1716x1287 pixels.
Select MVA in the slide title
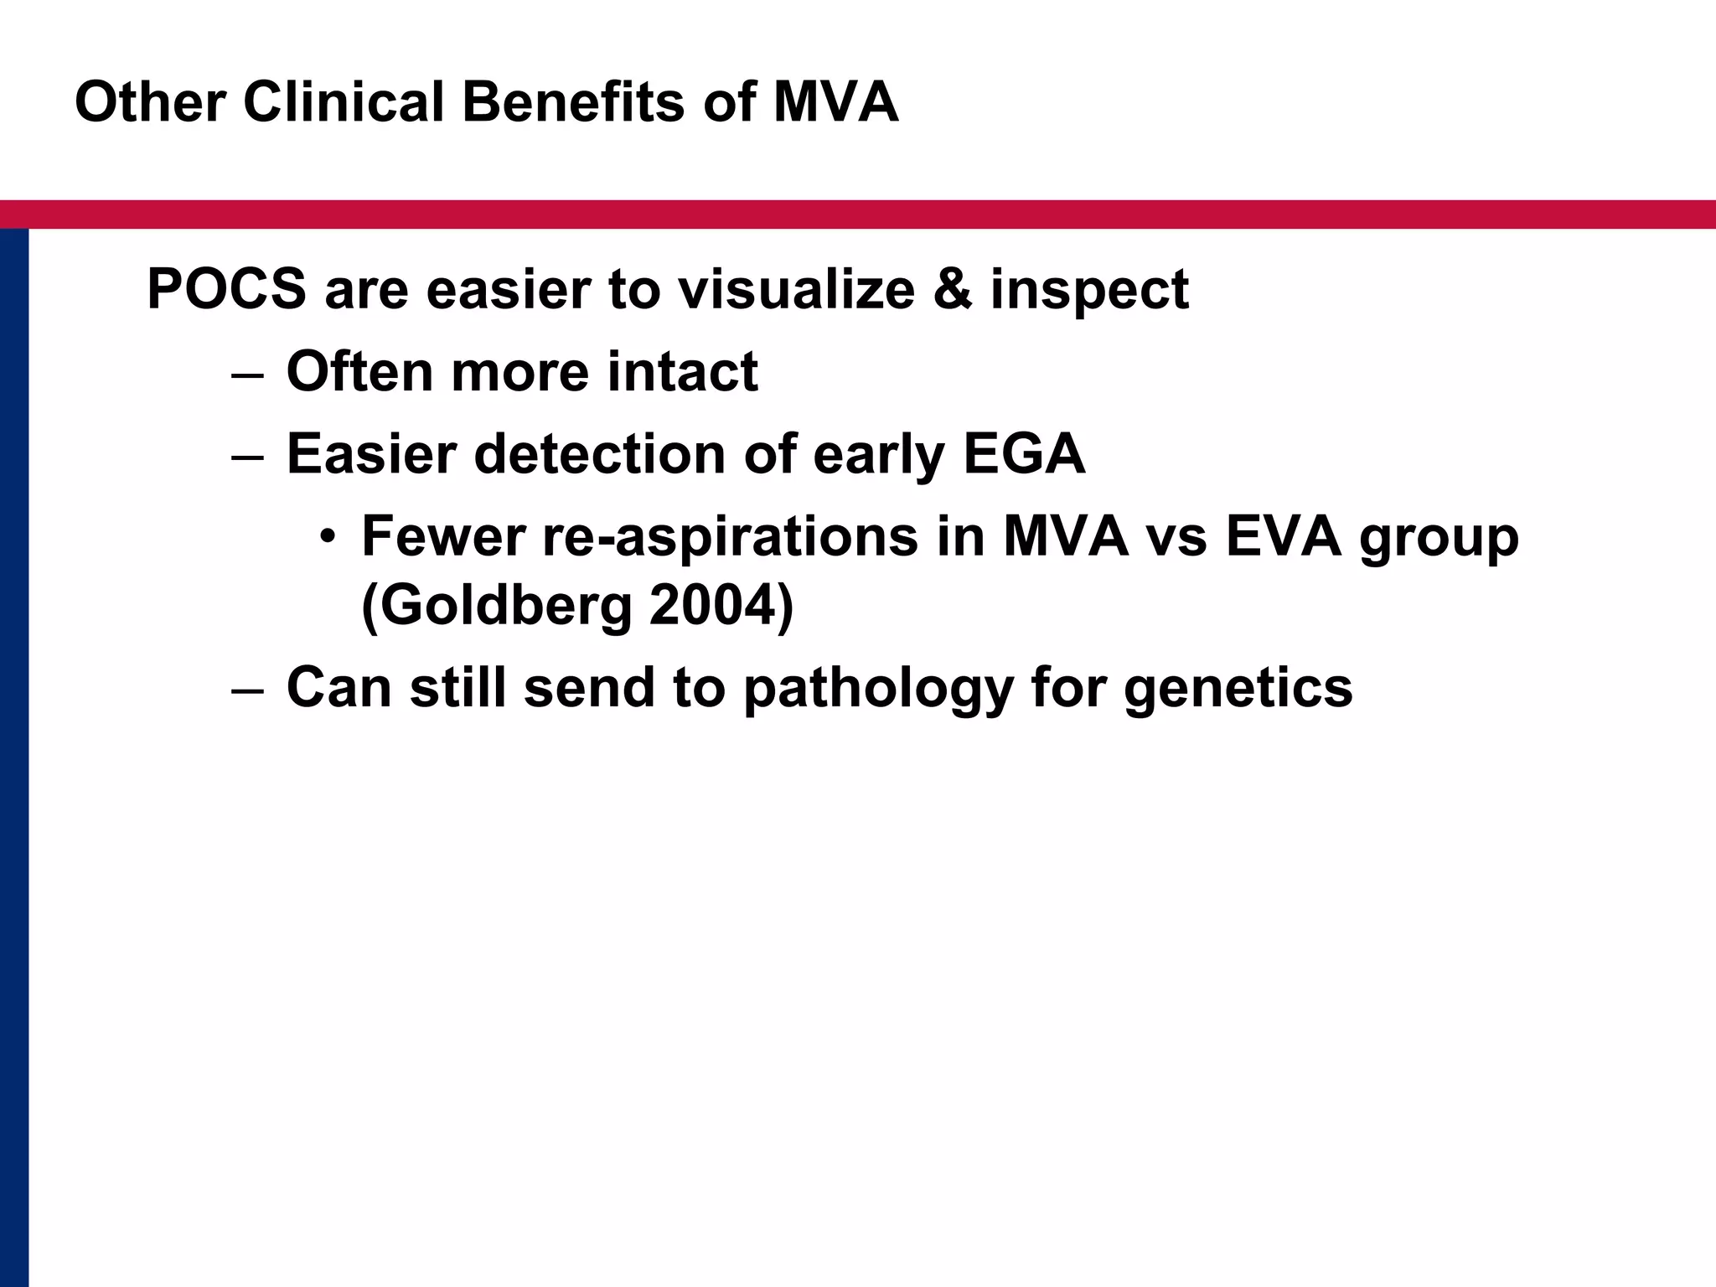835,102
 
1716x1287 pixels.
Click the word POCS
226,289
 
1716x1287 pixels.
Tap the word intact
683,371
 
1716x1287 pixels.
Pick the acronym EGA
1024,454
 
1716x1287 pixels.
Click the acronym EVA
1284,536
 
